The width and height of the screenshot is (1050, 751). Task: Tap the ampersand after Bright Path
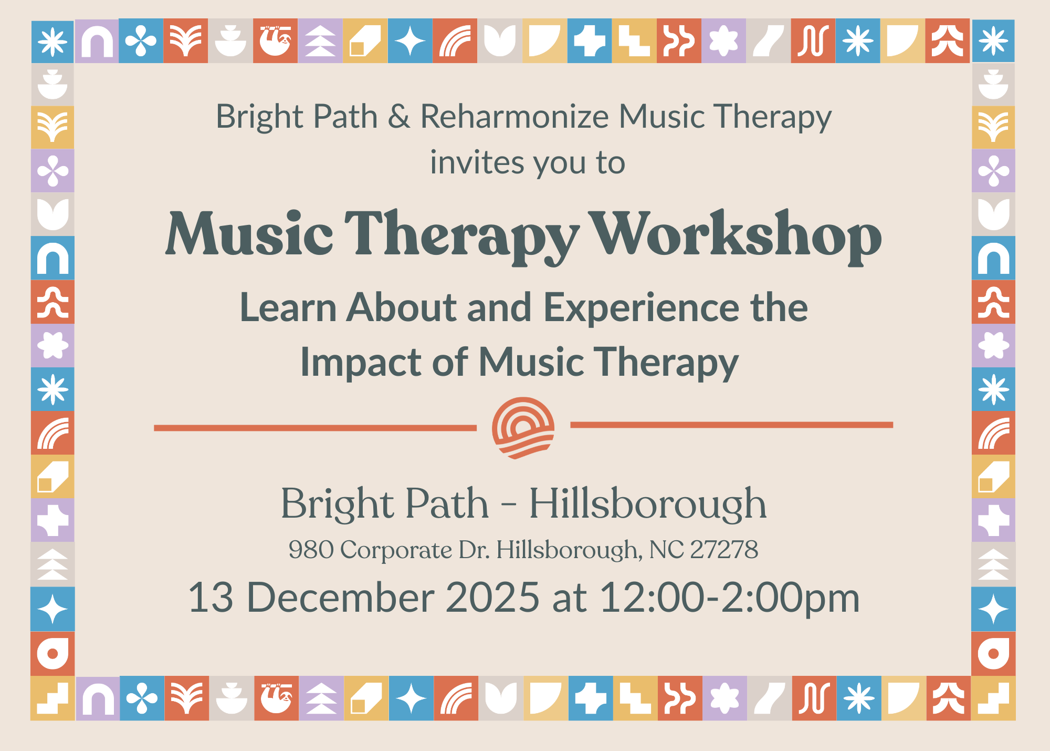(399, 116)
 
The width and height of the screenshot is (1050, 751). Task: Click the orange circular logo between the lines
(523, 427)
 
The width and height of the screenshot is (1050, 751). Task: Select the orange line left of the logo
(315, 428)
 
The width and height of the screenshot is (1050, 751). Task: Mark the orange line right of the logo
(732, 425)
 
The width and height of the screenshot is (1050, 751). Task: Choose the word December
(340, 598)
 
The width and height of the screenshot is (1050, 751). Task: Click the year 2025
(492, 598)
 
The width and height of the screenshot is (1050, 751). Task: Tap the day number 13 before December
(211, 598)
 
